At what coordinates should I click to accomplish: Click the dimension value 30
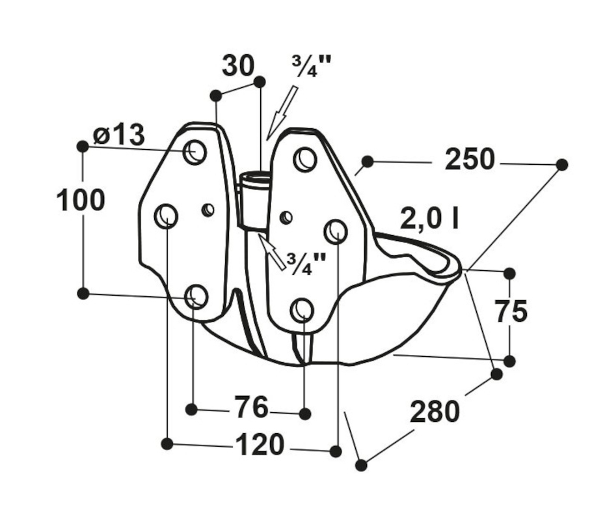tap(238, 66)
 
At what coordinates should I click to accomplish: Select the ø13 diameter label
tap(118, 135)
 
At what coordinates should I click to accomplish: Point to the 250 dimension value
tap(470, 160)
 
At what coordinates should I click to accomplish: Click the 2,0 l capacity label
tap(430, 220)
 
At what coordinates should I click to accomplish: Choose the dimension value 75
tap(511, 312)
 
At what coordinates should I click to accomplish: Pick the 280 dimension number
tap(435, 412)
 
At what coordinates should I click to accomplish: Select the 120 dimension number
tap(259, 445)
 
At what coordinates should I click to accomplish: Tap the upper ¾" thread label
tap(312, 67)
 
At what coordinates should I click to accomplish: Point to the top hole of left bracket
tap(195, 152)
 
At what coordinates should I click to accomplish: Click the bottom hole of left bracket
tap(196, 296)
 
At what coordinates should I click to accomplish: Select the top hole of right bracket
tap(304, 160)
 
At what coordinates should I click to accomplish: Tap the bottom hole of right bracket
tap(302, 309)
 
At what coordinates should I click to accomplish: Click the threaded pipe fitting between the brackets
tap(253, 199)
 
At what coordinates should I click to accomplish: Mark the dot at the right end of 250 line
tap(562, 165)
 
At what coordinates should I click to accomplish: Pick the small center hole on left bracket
tap(208, 210)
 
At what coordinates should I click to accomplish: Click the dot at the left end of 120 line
tap(167, 444)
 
